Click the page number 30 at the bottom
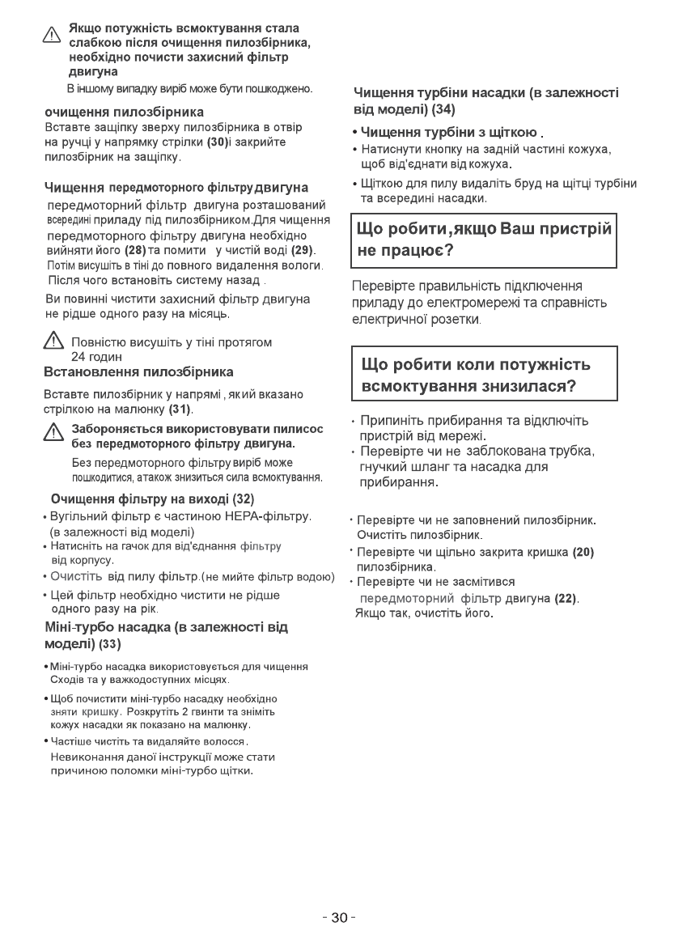pos(338,917)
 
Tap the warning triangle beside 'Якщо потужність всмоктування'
pos(53,35)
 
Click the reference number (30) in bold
pos(218,142)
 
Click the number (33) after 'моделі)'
pos(109,644)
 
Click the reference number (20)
pos(583,553)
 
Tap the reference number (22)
pos(566,599)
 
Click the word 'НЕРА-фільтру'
pos(273,516)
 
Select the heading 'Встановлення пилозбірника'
pos(138,371)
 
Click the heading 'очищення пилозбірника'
pos(124,112)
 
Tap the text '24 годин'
pos(97,357)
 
